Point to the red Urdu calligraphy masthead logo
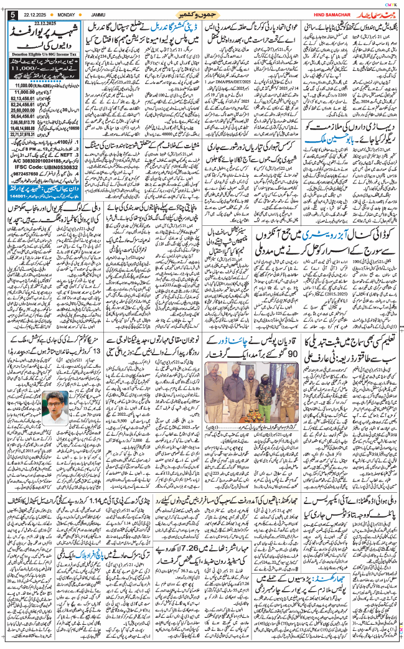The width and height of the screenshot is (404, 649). coord(372,14)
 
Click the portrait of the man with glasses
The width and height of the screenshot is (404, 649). coord(58,408)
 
